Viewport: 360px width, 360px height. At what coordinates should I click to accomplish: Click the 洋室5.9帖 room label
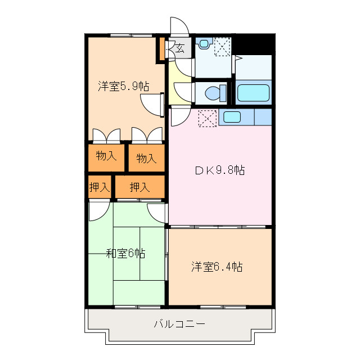(123, 87)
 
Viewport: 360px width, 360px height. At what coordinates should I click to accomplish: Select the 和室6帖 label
(126, 254)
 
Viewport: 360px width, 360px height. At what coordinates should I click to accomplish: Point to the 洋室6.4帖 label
(217, 267)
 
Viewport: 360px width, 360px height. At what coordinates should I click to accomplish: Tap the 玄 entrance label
(180, 48)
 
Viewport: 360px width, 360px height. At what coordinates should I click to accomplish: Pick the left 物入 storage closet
(106, 156)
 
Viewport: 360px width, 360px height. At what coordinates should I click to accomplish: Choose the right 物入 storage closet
(146, 159)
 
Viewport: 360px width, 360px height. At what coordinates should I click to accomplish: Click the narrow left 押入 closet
(99, 187)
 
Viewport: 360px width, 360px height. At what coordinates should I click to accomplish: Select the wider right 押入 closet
(139, 187)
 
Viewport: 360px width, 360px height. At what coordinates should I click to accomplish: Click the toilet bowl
(214, 92)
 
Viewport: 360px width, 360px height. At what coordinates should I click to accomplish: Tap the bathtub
(253, 93)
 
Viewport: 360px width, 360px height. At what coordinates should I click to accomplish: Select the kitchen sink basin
(232, 117)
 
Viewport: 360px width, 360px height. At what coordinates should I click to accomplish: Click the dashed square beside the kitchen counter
(207, 118)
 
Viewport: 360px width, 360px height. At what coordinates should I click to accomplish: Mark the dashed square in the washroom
(222, 46)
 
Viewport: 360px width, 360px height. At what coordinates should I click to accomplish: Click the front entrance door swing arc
(179, 27)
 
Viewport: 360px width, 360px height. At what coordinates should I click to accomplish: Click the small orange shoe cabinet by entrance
(161, 49)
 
